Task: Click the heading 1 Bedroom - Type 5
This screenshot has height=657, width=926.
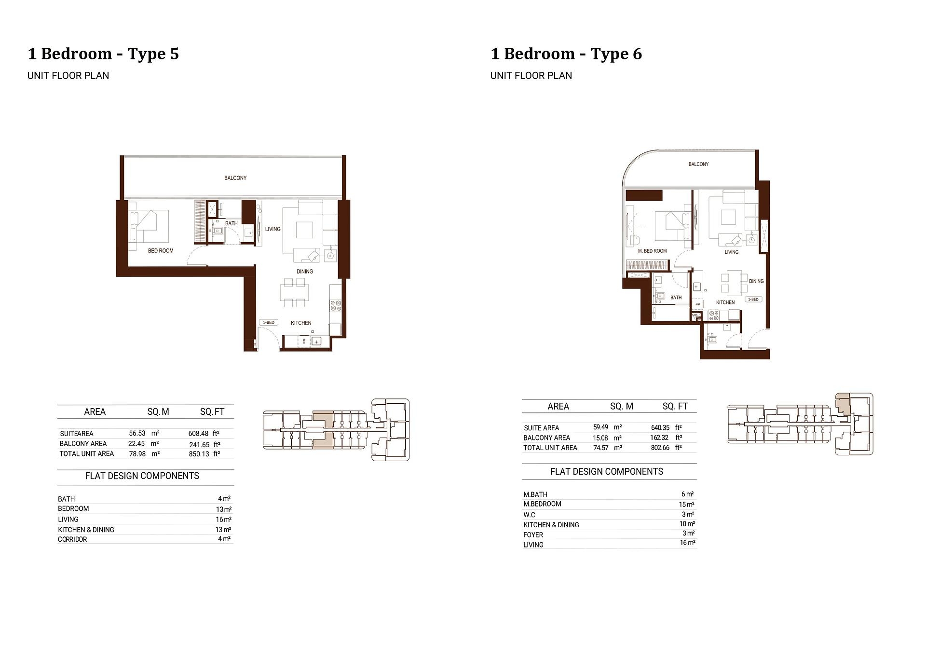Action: pos(103,54)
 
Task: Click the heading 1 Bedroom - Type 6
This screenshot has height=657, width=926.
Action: pos(566,54)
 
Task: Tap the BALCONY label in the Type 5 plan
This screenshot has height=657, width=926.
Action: pos(235,178)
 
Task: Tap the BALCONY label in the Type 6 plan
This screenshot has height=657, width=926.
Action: pos(698,164)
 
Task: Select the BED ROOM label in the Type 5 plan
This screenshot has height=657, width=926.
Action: pos(161,251)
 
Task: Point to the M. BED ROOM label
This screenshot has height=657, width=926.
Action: pos(652,251)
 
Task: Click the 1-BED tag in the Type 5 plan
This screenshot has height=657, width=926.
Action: pos(269,322)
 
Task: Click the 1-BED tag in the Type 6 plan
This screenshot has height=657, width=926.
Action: pos(753,300)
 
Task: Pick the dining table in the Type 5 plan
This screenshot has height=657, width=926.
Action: pos(294,292)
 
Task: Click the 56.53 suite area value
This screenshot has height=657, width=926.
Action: pos(137,434)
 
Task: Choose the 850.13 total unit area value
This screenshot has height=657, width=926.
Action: pos(199,454)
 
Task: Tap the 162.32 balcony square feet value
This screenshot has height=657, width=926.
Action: pos(659,438)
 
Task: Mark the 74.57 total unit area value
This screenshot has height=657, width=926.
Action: pos(600,448)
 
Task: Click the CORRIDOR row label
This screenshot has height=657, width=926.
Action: pos(72,539)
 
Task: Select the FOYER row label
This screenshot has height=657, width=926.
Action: pos(533,534)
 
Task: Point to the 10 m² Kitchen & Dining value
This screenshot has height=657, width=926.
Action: pos(687,524)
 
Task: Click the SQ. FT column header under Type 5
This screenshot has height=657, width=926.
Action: pos(212,412)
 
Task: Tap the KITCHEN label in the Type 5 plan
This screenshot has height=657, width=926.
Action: pos(301,323)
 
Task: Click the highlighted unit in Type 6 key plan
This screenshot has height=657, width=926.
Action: pos(842,403)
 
